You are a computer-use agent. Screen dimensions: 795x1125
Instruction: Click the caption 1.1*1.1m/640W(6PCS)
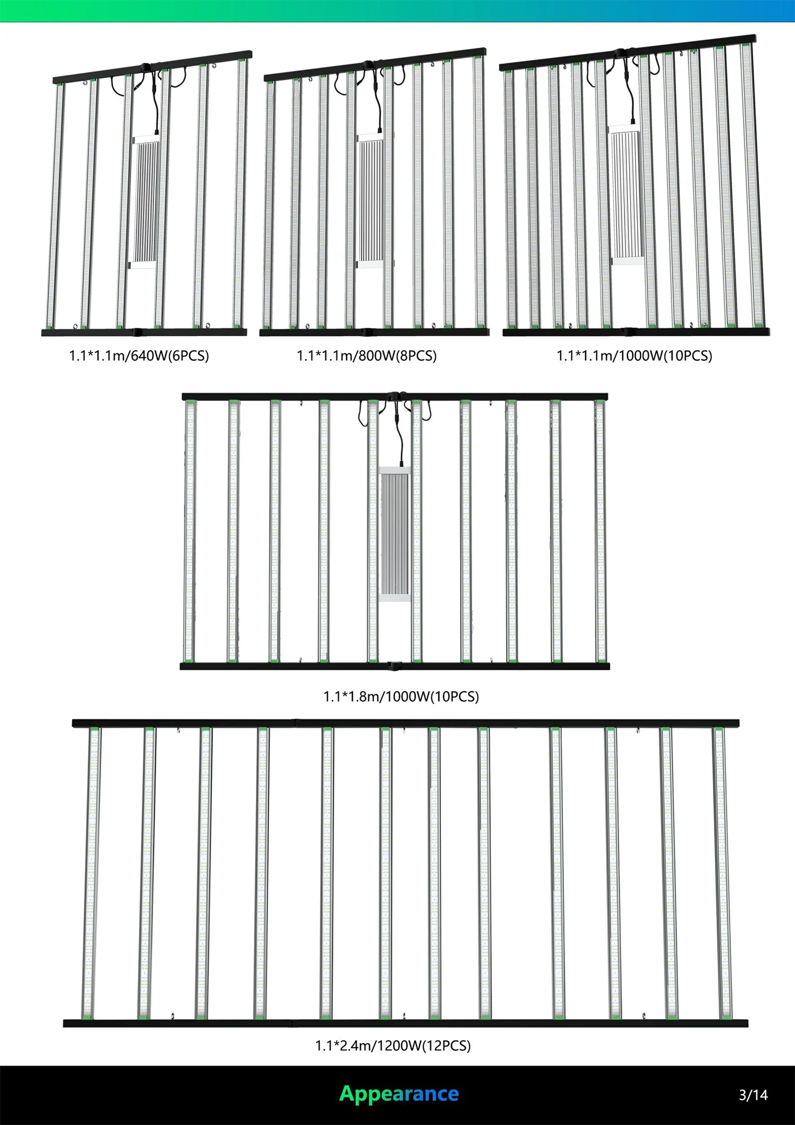coord(139,355)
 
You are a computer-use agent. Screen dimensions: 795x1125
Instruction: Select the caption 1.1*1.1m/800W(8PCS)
coord(367,355)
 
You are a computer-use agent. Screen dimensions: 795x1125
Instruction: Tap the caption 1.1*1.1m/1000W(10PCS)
coord(634,355)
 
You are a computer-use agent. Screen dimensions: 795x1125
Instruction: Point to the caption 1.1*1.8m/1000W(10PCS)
coord(401,696)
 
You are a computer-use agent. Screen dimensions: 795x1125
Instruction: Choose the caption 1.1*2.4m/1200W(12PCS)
coord(393,1045)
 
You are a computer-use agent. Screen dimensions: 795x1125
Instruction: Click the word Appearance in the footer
coord(399,1094)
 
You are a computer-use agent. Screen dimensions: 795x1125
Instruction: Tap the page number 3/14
coord(753,1095)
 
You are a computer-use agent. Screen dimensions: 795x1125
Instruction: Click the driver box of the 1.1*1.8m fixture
coord(395,533)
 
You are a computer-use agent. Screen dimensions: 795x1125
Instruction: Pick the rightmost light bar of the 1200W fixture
coord(722,873)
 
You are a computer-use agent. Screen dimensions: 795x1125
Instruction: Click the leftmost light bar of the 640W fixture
coord(56,204)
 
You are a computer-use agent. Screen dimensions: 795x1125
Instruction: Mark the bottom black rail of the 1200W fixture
coord(405,1023)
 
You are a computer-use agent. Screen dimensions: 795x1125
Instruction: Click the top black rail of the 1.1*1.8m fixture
coord(395,397)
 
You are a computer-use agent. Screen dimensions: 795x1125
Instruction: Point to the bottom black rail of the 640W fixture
coord(144,333)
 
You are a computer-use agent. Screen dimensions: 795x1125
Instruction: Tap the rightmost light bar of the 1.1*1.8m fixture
coord(600,530)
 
